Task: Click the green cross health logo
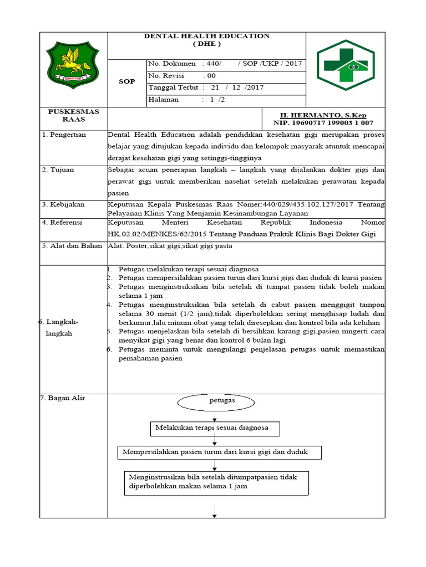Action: (x=345, y=69)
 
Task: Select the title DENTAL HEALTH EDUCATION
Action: (x=206, y=36)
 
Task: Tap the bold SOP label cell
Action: (x=127, y=82)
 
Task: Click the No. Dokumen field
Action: (x=225, y=63)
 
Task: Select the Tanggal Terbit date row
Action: (x=225, y=87)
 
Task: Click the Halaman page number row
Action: (x=225, y=100)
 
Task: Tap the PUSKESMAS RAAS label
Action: (x=73, y=115)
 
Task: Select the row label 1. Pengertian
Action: (x=65, y=135)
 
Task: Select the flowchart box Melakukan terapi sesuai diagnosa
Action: (x=215, y=428)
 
